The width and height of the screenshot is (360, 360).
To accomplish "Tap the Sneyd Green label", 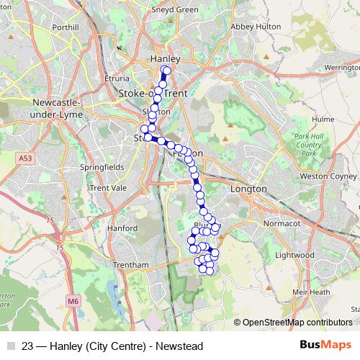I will [x=174, y=10].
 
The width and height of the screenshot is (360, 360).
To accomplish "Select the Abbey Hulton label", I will [x=253, y=27].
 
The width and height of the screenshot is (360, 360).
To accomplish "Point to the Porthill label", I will [x=65, y=27].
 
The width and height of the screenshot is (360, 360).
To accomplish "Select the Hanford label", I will [x=122, y=228].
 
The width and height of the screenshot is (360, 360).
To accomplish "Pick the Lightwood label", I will [x=295, y=255].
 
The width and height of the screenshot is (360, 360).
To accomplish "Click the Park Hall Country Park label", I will [x=307, y=145].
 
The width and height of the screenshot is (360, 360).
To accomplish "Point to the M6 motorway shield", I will [x=73, y=300].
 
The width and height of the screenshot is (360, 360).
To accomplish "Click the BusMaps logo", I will [x=325, y=345].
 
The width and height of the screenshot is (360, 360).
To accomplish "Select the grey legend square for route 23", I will [x=11, y=346].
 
